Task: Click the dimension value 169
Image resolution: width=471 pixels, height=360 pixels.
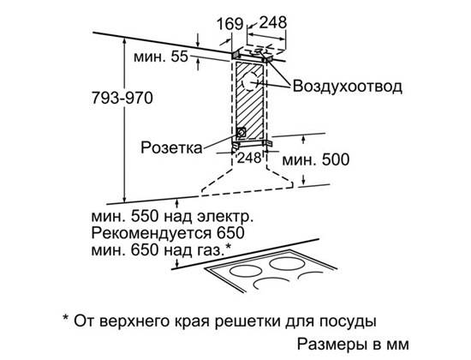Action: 230,24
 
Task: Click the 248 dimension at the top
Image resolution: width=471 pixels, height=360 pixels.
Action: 273,22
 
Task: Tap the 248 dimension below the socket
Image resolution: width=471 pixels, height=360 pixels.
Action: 249,158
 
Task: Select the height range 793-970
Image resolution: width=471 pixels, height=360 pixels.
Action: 122,98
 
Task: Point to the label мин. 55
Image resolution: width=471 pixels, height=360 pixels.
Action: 161,57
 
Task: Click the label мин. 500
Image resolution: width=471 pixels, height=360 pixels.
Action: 316,159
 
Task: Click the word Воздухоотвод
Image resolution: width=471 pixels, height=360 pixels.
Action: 347,87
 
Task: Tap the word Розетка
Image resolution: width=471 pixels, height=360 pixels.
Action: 171,148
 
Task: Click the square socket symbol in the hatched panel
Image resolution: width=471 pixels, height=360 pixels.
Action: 241,132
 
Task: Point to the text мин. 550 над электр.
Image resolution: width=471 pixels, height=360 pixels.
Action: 172,217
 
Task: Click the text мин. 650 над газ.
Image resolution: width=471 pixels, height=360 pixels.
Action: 161,250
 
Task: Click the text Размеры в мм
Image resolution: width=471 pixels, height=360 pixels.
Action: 353,344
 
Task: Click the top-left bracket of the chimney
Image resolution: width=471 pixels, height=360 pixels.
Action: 235,55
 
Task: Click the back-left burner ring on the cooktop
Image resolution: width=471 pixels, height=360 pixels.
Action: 246,272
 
